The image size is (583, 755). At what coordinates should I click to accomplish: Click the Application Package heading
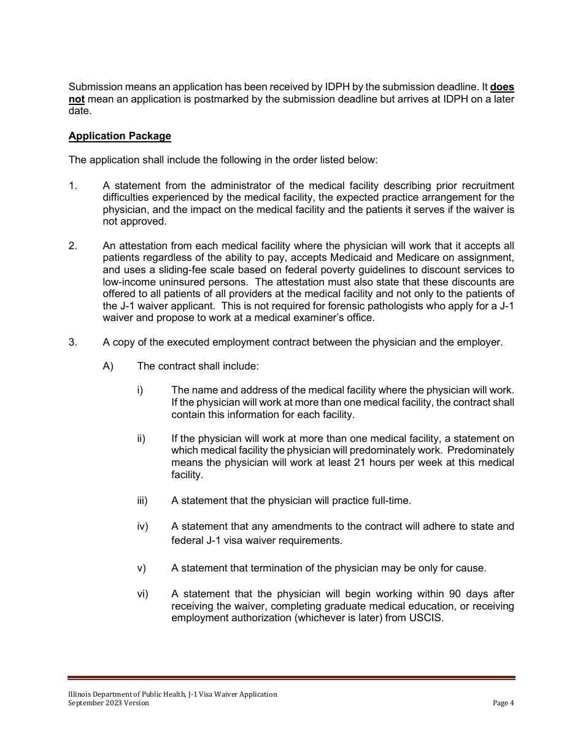120,136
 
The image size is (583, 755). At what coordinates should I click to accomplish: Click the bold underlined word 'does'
502,88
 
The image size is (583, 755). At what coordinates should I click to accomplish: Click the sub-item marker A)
108,366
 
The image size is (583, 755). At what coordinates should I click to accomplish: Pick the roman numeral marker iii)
142,501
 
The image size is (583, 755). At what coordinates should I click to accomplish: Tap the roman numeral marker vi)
142,594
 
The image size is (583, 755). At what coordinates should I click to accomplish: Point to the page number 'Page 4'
503,703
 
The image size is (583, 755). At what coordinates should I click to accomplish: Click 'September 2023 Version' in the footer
109,703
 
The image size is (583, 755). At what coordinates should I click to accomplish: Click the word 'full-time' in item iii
390,501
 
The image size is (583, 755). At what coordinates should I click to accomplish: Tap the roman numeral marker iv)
142,527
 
